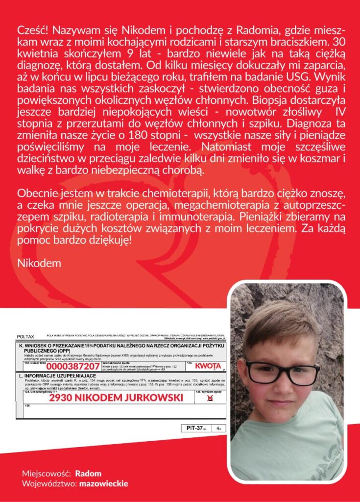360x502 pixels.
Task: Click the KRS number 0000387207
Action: click(x=74, y=366)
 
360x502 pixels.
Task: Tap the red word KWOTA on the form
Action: click(x=208, y=366)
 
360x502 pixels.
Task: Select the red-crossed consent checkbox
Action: click(x=210, y=398)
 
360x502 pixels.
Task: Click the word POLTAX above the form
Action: click(x=25, y=337)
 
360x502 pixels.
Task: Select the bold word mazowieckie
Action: click(x=104, y=483)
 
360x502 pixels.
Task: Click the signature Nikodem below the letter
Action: click(x=39, y=263)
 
